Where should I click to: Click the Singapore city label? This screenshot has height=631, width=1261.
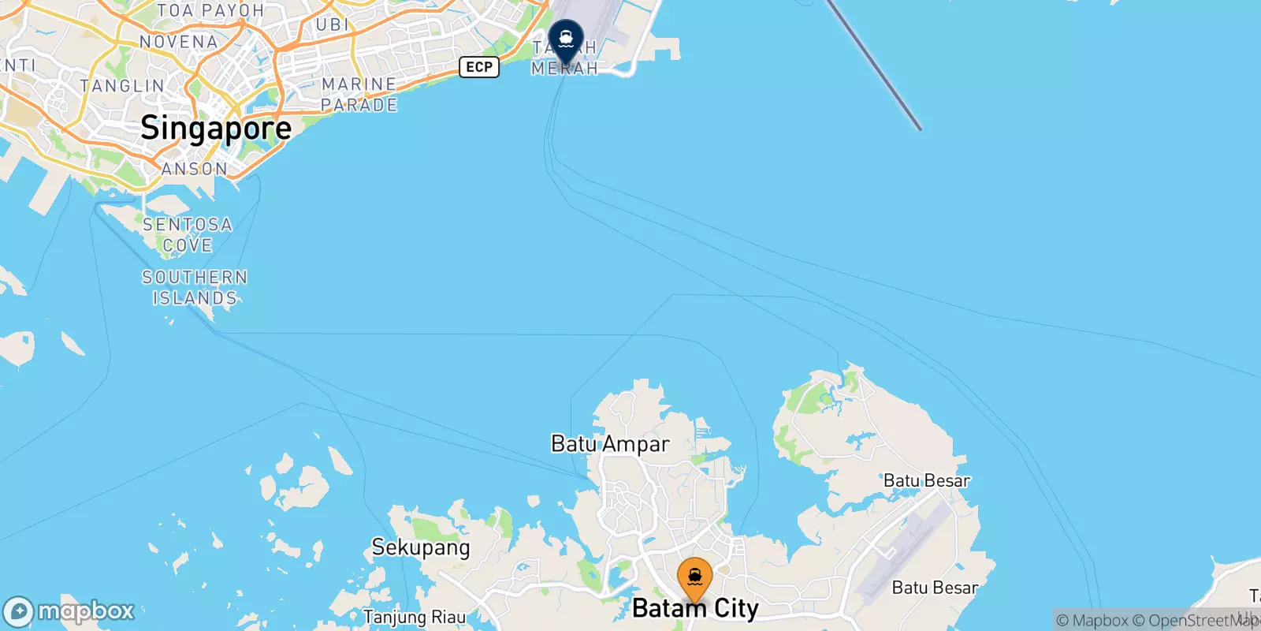(x=216, y=129)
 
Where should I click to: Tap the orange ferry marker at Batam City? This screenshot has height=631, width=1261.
(x=694, y=579)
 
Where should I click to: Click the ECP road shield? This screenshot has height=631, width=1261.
(x=479, y=67)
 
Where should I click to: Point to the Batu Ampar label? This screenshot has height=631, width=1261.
(x=610, y=444)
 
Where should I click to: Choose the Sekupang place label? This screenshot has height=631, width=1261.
(x=421, y=547)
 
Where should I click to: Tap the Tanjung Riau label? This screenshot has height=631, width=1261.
(x=415, y=617)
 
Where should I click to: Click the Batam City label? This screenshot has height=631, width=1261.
(x=695, y=609)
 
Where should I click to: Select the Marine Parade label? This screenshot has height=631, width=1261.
(x=359, y=95)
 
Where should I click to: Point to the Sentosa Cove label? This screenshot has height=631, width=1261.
(x=188, y=235)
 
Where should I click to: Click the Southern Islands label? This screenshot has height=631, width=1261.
(x=195, y=288)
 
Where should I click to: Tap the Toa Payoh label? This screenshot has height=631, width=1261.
(x=210, y=11)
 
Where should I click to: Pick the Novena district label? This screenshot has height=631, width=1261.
(x=179, y=42)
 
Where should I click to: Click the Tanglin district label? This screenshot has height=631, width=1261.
(x=122, y=86)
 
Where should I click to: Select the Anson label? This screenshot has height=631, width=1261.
(x=195, y=169)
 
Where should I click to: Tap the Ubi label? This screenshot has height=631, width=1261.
(x=332, y=25)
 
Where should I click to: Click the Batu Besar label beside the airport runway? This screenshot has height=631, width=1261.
(x=935, y=588)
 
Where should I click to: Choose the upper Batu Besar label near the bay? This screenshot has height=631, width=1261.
(x=927, y=480)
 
